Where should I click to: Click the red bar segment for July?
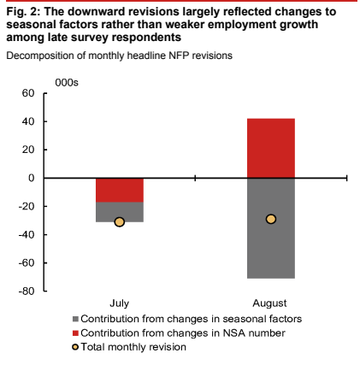click(120, 190)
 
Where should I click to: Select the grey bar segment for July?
click(120, 212)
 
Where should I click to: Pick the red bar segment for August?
click(271, 148)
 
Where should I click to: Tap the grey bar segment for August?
click(271, 228)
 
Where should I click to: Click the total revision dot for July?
click(120, 222)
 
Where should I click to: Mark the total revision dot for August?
click(271, 219)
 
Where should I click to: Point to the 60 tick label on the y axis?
click(28, 93)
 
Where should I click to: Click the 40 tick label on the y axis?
click(28, 121)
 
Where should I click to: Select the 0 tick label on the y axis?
click(31, 178)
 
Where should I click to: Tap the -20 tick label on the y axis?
click(27, 206)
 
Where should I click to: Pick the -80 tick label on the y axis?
click(27, 291)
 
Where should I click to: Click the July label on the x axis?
click(120, 303)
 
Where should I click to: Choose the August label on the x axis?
click(269, 303)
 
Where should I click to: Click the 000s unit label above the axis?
click(67, 83)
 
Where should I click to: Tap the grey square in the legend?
click(75, 319)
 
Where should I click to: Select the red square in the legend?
click(75, 333)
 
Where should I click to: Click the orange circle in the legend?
click(75, 347)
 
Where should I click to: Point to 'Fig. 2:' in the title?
click(23, 12)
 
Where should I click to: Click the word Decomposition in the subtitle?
click(40, 56)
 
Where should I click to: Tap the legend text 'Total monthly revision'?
click(133, 347)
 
